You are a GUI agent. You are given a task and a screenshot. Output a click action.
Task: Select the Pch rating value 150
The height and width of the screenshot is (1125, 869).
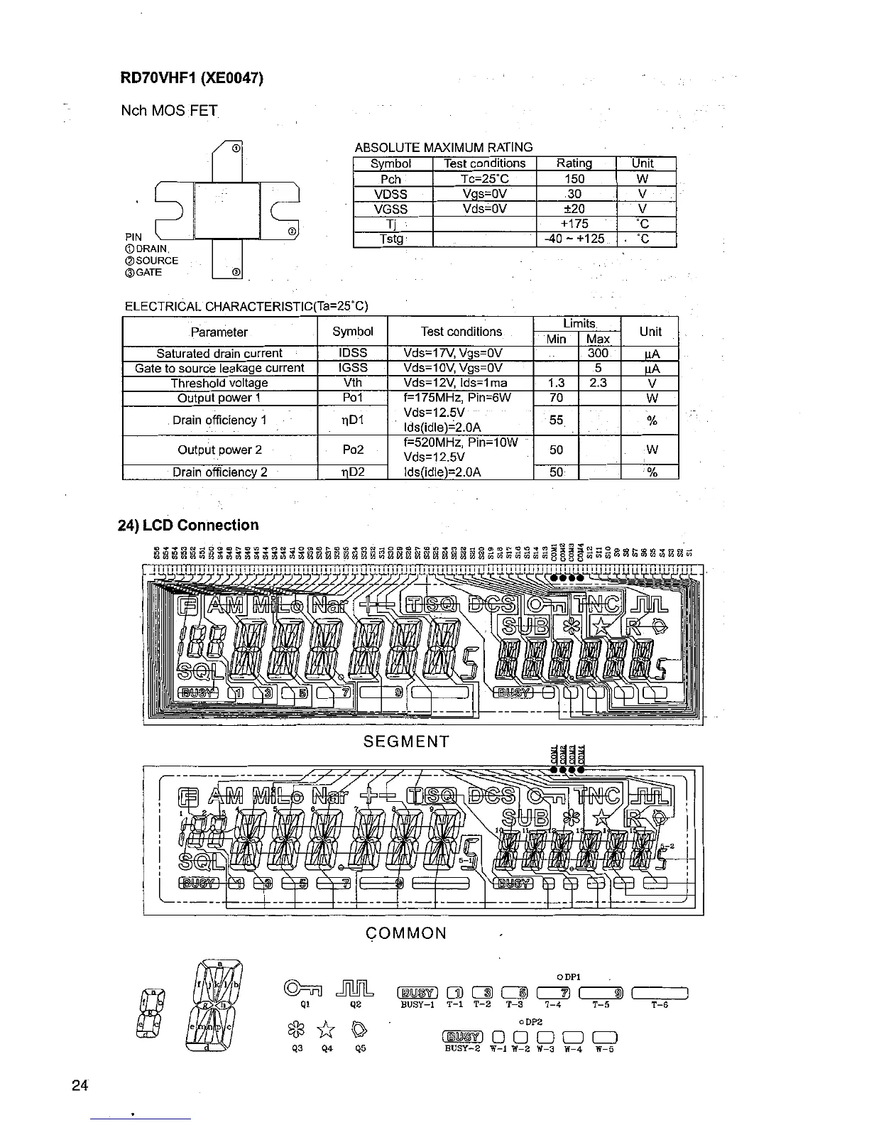pyautogui.click(x=574, y=179)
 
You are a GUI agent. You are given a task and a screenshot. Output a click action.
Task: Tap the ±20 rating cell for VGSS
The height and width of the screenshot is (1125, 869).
pyautogui.click(x=574, y=209)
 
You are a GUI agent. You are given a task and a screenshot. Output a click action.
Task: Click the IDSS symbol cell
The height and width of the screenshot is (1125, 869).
pyautogui.click(x=353, y=353)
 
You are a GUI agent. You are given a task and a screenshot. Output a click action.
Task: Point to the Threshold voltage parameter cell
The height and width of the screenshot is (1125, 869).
pyautogui.click(x=219, y=383)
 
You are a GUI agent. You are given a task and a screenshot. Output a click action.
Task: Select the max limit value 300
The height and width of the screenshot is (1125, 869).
pyautogui.click(x=599, y=353)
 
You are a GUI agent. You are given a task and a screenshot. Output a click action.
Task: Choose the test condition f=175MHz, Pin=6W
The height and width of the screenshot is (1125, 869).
pyautogui.click(x=458, y=398)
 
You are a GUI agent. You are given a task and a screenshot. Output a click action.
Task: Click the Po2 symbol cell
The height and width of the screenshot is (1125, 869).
pyautogui.click(x=353, y=450)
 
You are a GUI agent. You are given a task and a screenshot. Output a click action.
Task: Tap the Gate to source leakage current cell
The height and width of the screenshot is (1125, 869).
pyautogui.click(x=219, y=368)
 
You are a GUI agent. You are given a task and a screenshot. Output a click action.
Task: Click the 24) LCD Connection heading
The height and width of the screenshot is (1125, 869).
pyautogui.click(x=188, y=526)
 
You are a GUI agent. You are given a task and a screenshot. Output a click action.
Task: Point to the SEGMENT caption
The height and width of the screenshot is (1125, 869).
pyautogui.click(x=407, y=742)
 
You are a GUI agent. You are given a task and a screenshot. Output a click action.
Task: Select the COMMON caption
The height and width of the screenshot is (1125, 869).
pyautogui.click(x=407, y=933)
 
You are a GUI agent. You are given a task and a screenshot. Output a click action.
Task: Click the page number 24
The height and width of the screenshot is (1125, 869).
pyautogui.click(x=80, y=1085)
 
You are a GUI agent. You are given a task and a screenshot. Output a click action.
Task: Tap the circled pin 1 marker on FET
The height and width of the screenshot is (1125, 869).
pyautogui.click(x=235, y=148)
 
